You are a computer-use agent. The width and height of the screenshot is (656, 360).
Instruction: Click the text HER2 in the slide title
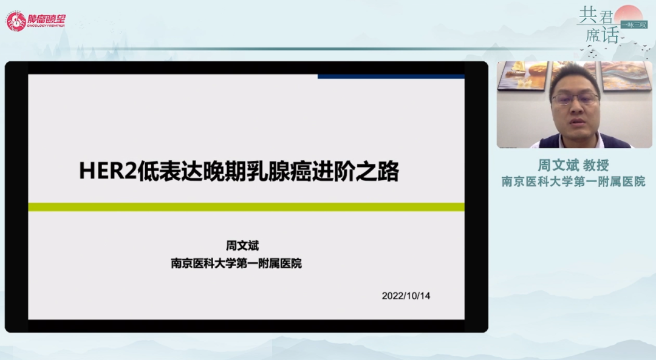click(108, 171)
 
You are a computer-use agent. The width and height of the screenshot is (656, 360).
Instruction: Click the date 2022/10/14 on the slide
click(406, 296)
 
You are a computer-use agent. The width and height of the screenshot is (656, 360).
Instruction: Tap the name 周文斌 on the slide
click(242, 245)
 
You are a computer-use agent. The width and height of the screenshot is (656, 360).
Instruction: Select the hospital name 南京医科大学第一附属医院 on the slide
click(236, 263)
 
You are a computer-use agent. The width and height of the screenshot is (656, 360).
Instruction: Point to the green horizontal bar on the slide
click(246, 207)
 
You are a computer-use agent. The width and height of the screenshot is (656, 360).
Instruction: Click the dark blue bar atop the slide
click(391, 76)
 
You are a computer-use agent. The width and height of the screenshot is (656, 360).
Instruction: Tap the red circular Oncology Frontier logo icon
click(16, 21)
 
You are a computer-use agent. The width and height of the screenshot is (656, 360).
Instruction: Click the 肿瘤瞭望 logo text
click(46, 19)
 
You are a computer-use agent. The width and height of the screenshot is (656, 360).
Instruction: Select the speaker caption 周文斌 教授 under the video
click(573, 165)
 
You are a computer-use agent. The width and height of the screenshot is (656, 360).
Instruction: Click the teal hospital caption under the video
click(573, 182)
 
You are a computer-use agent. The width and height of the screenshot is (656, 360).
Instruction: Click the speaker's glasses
click(576, 99)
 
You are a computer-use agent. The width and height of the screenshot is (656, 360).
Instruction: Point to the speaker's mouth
click(578, 121)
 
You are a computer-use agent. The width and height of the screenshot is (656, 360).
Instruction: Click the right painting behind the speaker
click(626, 75)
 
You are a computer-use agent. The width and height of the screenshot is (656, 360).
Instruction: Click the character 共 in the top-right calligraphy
click(588, 15)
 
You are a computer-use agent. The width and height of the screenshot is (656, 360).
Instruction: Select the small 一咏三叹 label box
click(634, 25)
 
